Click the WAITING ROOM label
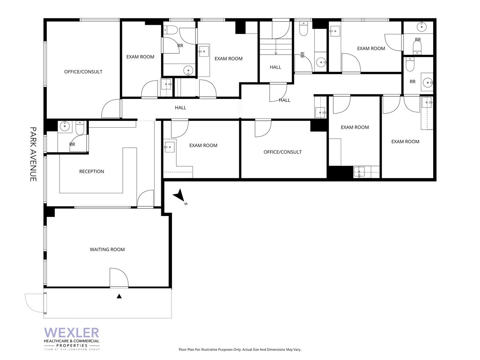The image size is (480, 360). pos(107,250)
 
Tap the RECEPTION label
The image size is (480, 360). pos(92,172)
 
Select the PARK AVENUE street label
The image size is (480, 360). pos(34,154)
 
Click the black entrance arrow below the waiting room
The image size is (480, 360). pos(119,296)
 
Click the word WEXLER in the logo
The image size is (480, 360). pos(72,333)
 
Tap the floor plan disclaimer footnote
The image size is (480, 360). pos(240,350)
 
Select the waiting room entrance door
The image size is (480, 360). pos(119,278)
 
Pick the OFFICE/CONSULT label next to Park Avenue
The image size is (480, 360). pos(83,72)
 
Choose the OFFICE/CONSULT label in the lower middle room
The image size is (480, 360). pos(282,152)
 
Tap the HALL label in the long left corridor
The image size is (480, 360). pos(180,108)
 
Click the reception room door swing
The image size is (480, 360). pos(145,199)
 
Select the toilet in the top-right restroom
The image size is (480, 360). pos(418,50)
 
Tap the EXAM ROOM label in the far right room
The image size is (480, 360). pos(405,142)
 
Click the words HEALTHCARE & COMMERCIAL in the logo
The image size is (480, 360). pos(72,341)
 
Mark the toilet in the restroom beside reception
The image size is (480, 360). pos(79,128)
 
